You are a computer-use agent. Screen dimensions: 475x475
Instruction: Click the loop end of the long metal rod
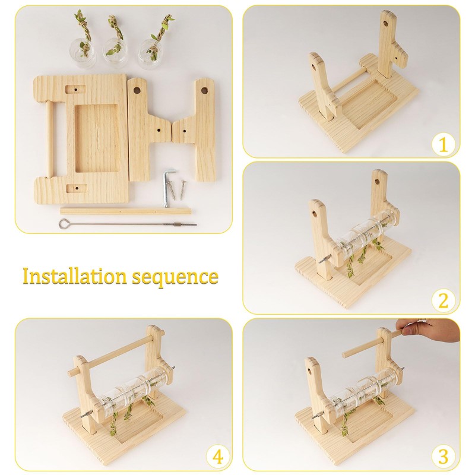tap(64, 223)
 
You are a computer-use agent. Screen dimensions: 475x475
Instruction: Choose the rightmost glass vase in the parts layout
tap(150, 52)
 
